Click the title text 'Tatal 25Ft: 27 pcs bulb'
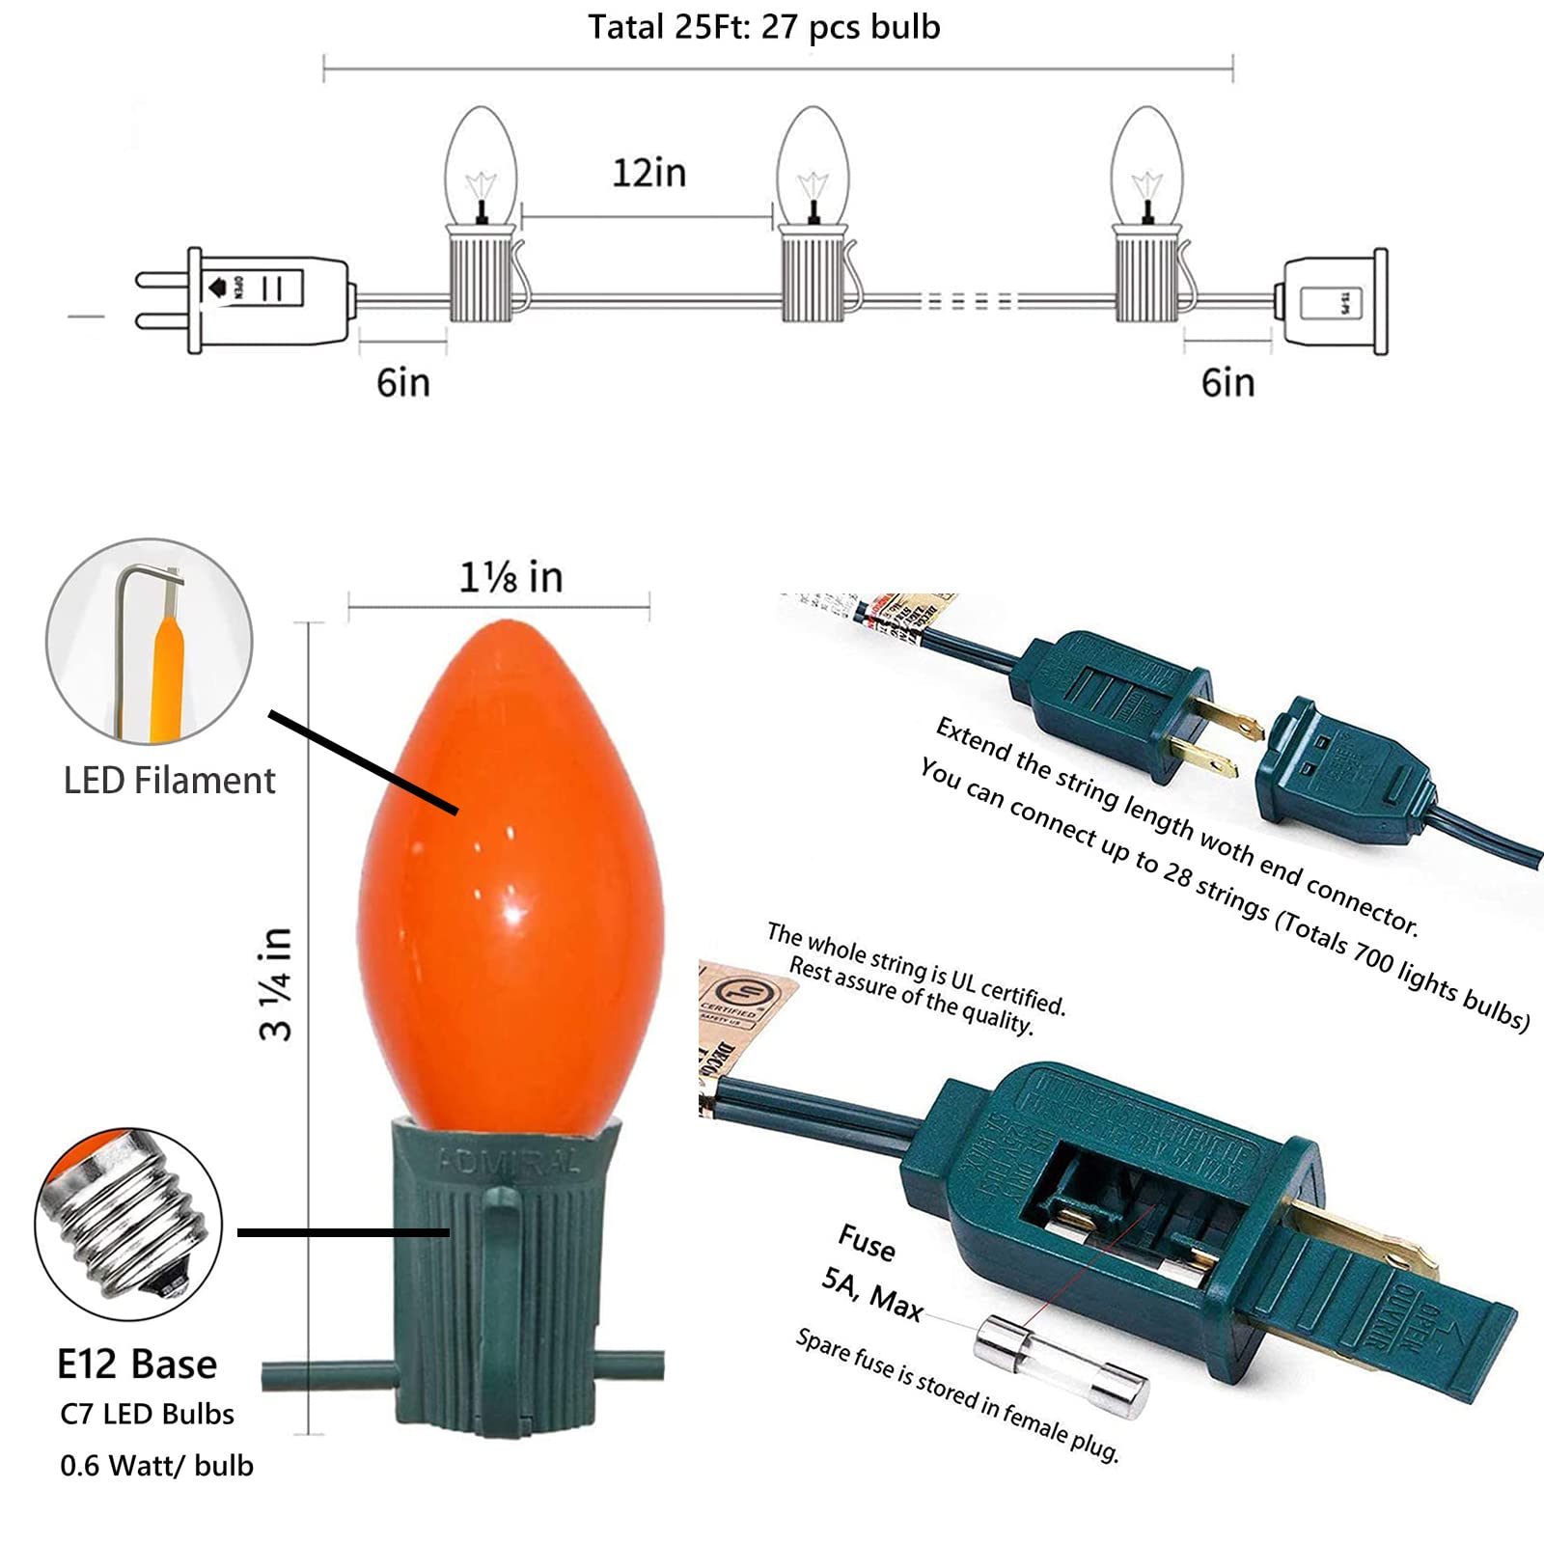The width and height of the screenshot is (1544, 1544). coord(763,27)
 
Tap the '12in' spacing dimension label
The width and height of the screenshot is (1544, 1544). coord(648,174)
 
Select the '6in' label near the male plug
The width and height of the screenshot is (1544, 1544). coord(403,383)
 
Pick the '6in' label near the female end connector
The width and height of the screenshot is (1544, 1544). coord(1227,383)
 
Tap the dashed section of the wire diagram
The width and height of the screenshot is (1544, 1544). coord(970,301)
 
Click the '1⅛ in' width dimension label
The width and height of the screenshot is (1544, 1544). coord(510,578)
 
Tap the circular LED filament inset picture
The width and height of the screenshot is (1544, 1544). coord(150,642)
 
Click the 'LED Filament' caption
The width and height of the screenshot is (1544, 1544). coord(169,781)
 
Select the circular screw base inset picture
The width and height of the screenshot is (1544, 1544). coord(128,1224)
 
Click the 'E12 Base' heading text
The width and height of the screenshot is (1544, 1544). coord(137,1365)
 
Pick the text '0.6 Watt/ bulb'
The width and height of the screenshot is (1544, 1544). coord(156,1466)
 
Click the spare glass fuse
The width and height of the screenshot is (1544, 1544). coord(1060,1367)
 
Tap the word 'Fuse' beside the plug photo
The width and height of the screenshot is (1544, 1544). coord(866,1242)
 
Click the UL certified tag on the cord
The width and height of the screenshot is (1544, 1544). coord(733,1013)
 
